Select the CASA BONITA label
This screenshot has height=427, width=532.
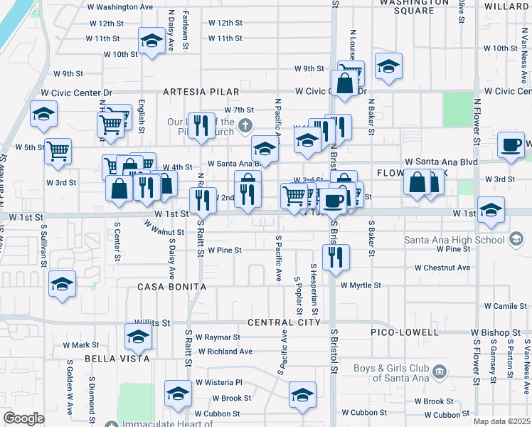(x=171, y=287)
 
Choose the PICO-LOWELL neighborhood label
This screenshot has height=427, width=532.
(x=404, y=332)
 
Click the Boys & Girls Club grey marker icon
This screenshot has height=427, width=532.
(x=439, y=371)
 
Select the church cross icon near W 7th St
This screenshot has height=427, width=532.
(x=245, y=126)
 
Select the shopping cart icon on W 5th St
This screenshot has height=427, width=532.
(x=57, y=150)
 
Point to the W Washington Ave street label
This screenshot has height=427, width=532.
(x=119, y=7)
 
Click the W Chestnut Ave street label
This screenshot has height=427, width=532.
(x=442, y=268)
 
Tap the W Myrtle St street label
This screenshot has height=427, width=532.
(x=361, y=285)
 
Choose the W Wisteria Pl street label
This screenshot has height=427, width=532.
(x=219, y=382)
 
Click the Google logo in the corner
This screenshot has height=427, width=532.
(x=23, y=418)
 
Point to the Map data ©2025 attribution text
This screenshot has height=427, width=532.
(x=502, y=421)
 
